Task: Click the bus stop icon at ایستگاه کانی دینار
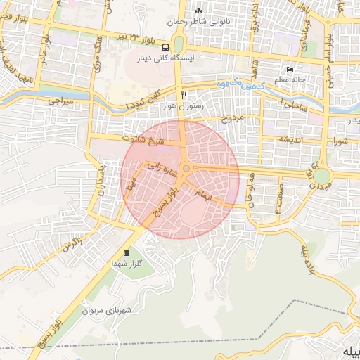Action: click(174, 41)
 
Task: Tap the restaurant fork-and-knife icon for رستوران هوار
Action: click(184, 95)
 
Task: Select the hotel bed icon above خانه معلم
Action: click(290, 70)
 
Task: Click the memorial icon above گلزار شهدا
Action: click(127, 252)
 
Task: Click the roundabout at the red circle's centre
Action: click(186, 169)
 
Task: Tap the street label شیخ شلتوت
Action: click(143, 140)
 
